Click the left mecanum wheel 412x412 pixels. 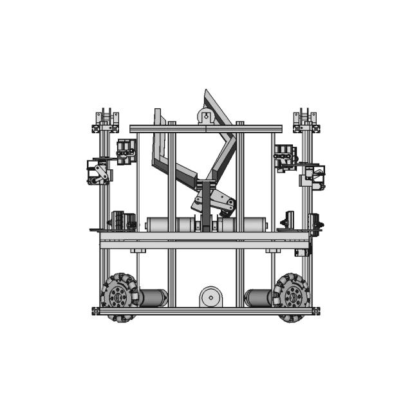click(x=120, y=297)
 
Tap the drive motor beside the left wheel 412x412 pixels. click(x=153, y=297)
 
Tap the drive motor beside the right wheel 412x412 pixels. click(x=258, y=297)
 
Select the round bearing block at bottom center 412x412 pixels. click(x=211, y=297)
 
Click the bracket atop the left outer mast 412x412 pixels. click(x=107, y=121)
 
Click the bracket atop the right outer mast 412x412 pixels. click(x=305, y=121)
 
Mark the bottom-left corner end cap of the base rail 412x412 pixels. click(x=96, y=311)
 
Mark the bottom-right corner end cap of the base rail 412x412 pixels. click(x=316, y=311)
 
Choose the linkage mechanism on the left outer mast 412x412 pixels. click(x=98, y=172)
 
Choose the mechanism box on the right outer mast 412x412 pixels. click(x=315, y=175)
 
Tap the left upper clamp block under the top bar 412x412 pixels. click(x=126, y=151)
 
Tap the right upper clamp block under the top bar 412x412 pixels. click(x=285, y=156)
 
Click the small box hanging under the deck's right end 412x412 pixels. click(x=302, y=251)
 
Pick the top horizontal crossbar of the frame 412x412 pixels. click(x=206, y=129)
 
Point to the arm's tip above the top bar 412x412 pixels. click(x=209, y=97)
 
